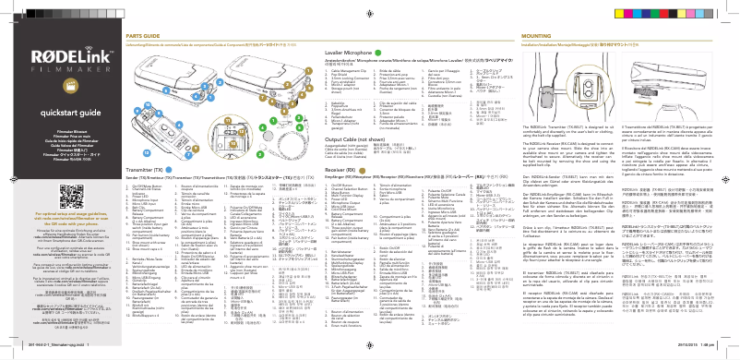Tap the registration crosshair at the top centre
pos(370,8)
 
